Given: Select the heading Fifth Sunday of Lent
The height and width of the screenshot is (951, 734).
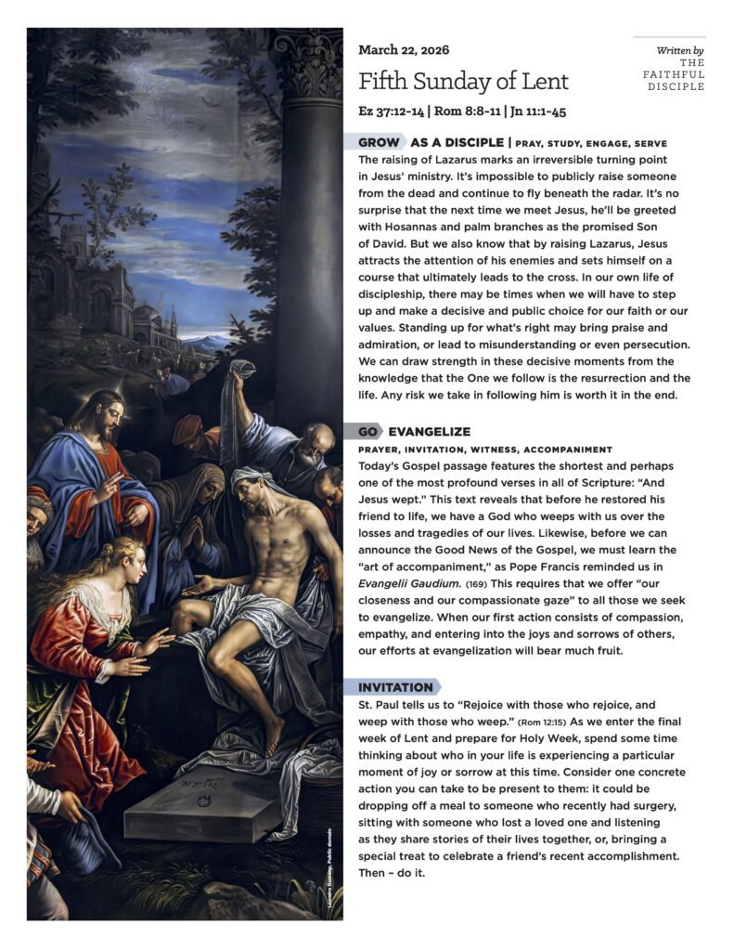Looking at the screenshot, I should click(463, 82).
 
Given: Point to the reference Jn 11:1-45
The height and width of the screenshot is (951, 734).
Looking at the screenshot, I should click(535, 111).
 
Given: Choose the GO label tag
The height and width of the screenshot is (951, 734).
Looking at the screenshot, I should click(367, 432).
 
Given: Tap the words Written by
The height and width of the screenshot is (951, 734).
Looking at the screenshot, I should click(679, 50).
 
